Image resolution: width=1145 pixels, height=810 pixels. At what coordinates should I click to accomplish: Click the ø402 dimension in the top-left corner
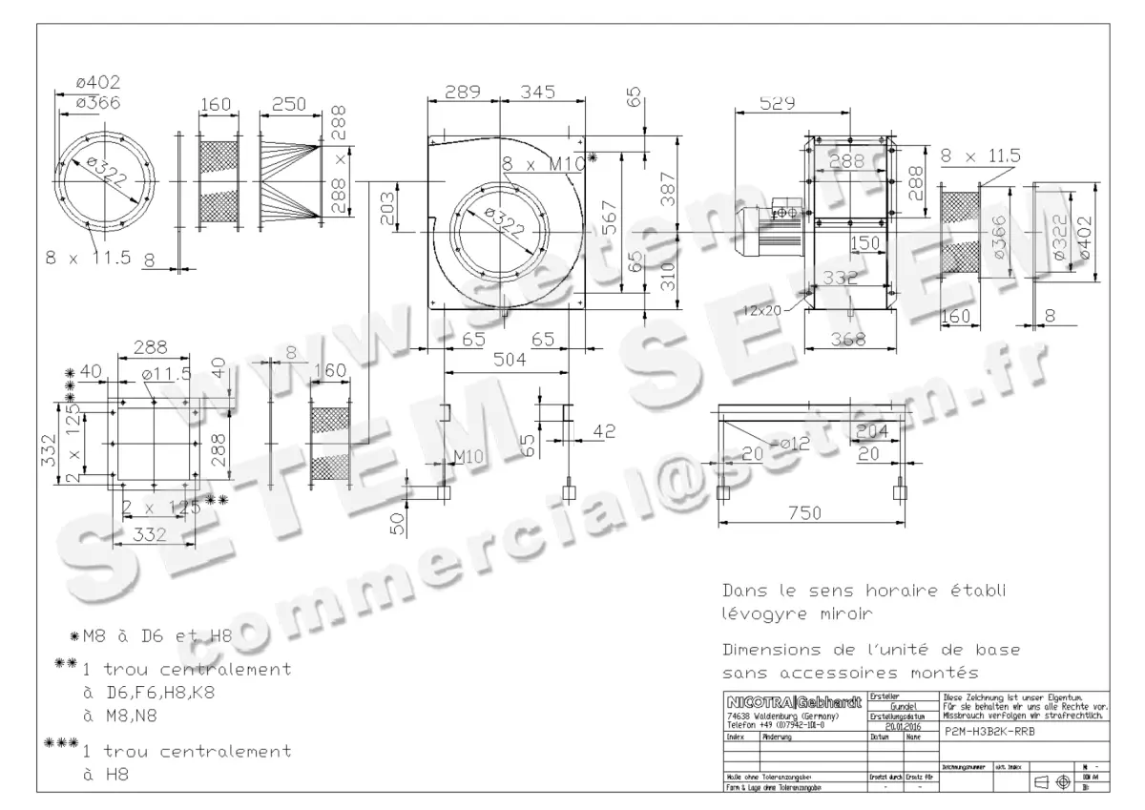[98, 83]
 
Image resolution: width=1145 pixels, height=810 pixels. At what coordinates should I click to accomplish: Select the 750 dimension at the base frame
[805, 513]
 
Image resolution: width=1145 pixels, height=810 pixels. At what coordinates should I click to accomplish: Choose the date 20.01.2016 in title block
[896, 725]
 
